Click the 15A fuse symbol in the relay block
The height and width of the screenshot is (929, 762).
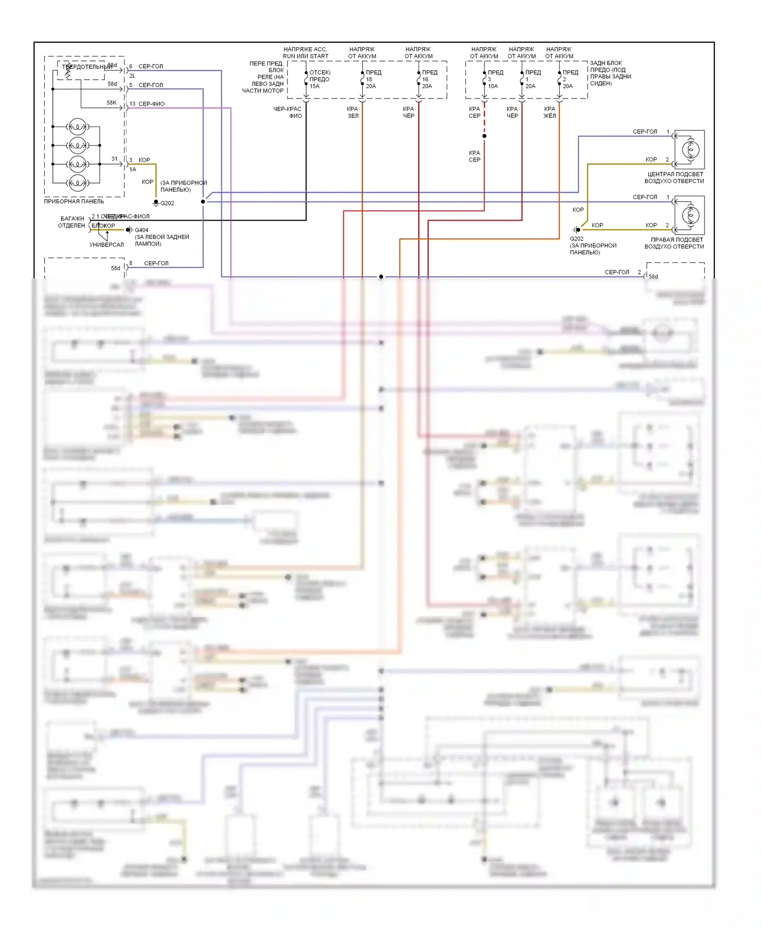[306, 79]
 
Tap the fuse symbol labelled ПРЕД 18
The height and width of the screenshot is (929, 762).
[362, 79]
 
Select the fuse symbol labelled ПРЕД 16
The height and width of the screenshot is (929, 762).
[419, 79]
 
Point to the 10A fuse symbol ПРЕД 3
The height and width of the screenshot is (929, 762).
[484, 79]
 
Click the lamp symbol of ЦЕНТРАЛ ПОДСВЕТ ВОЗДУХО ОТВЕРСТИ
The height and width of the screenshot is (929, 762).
[690, 149]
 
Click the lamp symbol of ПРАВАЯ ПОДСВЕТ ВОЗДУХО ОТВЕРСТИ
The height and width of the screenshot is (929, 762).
[690, 215]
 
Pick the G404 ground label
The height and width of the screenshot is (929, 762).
[141, 230]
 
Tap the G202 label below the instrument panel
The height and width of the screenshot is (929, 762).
[167, 203]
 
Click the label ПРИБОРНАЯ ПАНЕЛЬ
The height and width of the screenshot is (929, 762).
[74, 202]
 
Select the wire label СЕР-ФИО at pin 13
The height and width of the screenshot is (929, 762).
[151, 104]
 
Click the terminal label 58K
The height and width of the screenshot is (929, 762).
[111, 103]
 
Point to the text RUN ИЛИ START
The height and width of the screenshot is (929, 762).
[305, 56]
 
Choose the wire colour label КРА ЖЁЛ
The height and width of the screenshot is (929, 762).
[550, 112]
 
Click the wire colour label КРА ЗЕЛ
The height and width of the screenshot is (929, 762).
[353, 112]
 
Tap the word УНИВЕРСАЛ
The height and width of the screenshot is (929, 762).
[107, 245]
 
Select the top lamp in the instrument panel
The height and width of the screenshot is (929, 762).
[77, 127]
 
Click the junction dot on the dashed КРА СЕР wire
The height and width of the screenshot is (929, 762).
[484, 136]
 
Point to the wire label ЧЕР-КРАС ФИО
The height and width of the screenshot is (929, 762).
[288, 112]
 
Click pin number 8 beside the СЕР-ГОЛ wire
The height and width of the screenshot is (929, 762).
[131, 263]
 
